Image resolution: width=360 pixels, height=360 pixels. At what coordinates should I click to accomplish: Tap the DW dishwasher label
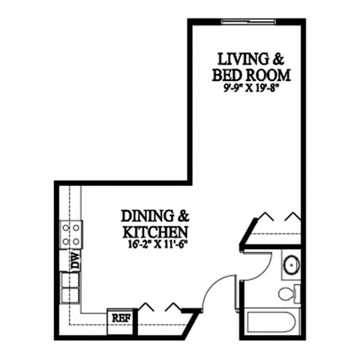point(75,261)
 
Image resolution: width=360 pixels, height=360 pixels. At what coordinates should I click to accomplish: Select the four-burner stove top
point(72,235)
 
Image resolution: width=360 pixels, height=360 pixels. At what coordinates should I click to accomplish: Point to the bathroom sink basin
point(291,265)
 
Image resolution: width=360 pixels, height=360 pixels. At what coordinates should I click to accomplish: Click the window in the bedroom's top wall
point(244,22)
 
